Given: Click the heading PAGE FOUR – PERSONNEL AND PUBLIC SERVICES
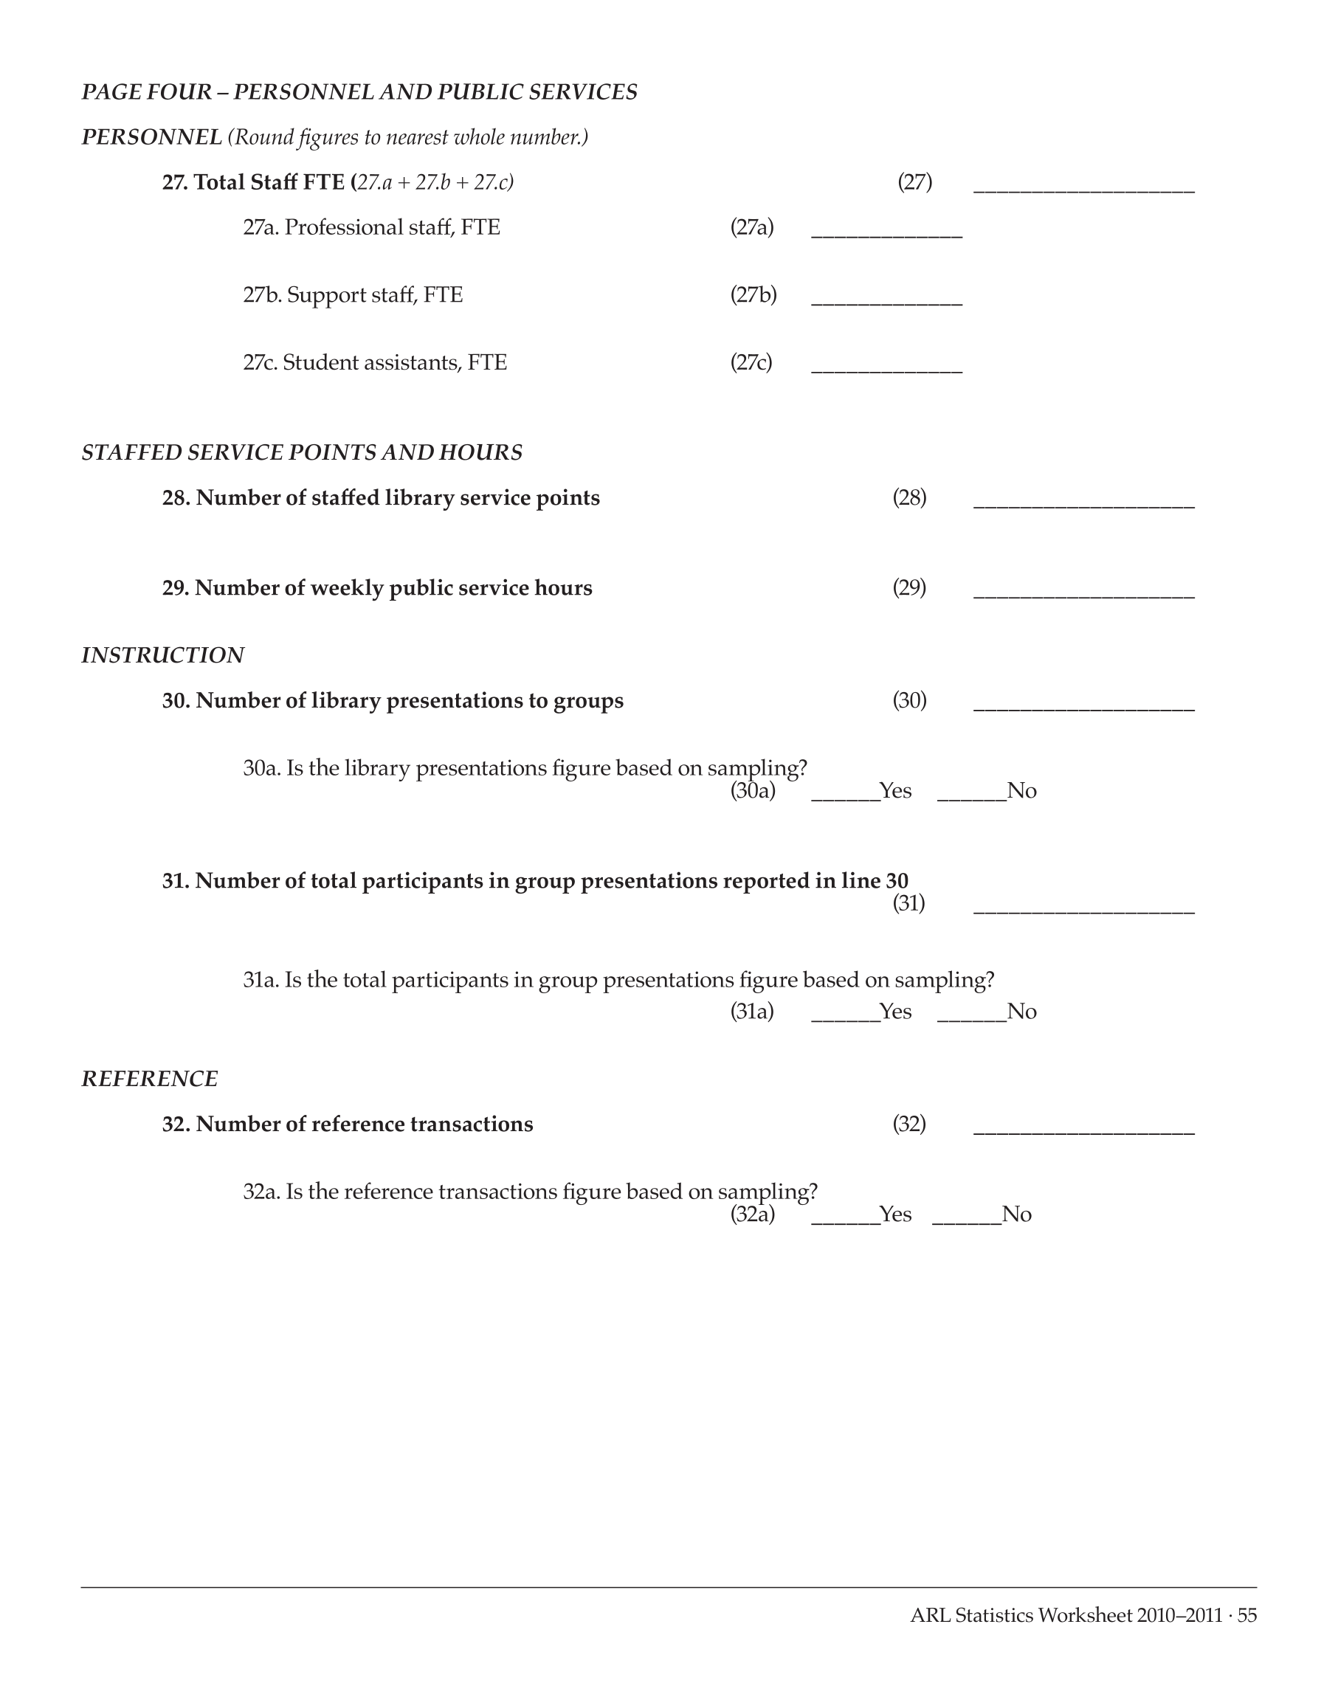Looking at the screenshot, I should pyautogui.click(x=359, y=92).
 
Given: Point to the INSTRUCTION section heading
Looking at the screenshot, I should pyautogui.click(x=163, y=655).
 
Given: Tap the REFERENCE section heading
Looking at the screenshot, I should pyautogui.click(x=150, y=1079).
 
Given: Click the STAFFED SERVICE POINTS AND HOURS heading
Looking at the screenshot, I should pyautogui.click(x=302, y=453).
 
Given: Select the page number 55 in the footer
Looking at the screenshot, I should pyautogui.click(x=1247, y=1615).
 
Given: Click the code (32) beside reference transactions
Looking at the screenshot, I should pyautogui.click(x=908, y=1124).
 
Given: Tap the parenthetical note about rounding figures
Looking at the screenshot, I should pyautogui.click(x=408, y=138).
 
